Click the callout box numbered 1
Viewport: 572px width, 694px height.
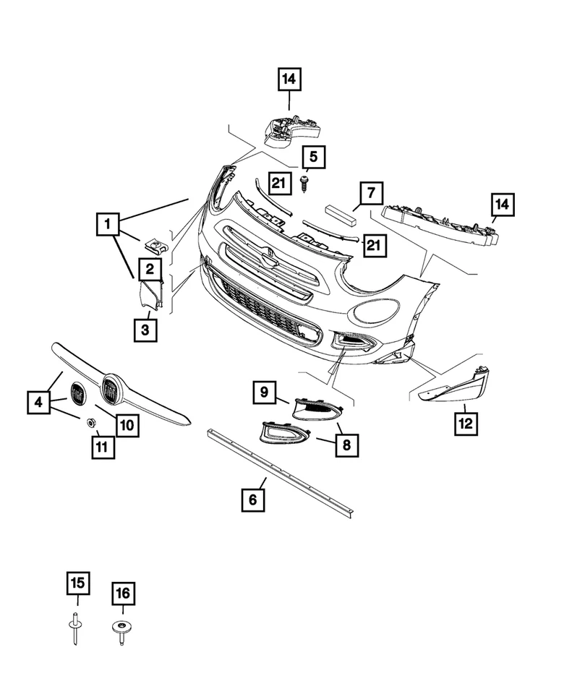click(107, 225)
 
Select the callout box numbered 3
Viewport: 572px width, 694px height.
click(145, 330)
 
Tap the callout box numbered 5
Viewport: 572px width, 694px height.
click(314, 155)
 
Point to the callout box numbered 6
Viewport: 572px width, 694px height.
click(253, 499)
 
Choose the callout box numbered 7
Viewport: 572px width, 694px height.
click(370, 194)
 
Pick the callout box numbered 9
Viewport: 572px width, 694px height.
click(265, 393)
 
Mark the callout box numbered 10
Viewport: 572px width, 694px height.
click(127, 425)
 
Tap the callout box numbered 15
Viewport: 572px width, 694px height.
click(77, 583)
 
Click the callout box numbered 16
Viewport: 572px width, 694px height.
click(123, 595)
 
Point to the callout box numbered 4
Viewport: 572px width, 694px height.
click(39, 402)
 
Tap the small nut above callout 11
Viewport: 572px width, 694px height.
click(93, 422)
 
